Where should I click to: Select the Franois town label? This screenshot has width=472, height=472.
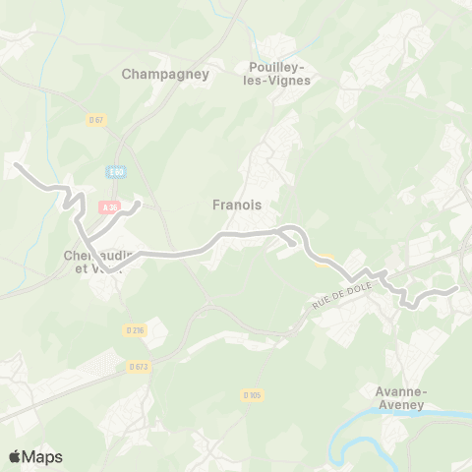[236, 206]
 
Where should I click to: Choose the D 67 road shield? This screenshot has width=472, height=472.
[95, 120]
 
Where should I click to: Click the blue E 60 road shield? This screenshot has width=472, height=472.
[118, 172]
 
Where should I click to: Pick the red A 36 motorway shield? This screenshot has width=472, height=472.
[108, 206]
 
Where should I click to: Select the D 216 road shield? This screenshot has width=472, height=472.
[135, 330]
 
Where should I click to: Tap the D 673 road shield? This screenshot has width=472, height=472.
[139, 367]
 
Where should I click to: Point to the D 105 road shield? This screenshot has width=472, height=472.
[251, 395]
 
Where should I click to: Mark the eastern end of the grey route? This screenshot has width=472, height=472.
[456, 289]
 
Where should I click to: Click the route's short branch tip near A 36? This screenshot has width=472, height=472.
[139, 205]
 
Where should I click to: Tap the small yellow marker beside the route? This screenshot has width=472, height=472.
[323, 260]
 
